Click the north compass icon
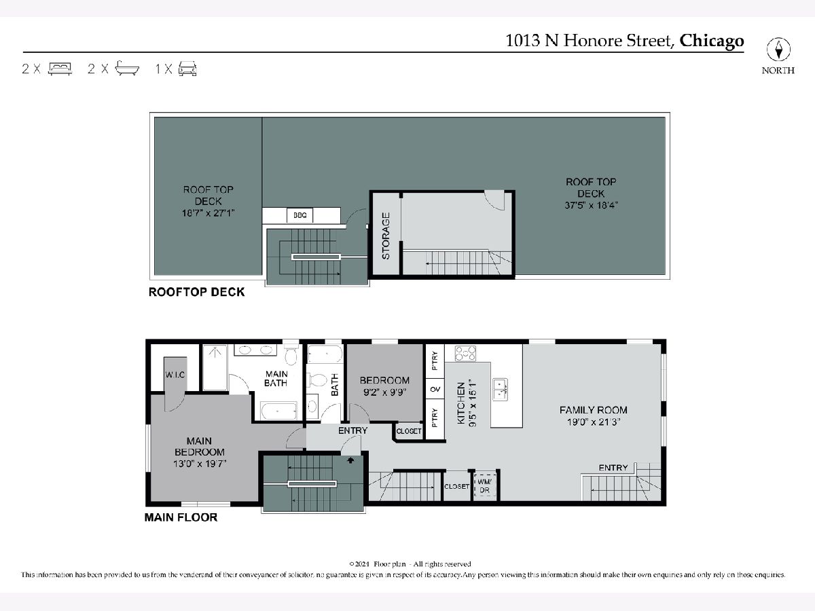pos(778,50)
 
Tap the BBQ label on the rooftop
pos(300,215)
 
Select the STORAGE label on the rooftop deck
pos(386,236)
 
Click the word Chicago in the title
pos(711,41)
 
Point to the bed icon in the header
pos(60,69)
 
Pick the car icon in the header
pos(187,69)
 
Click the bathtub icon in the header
pos(127,69)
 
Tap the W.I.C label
pos(175,375)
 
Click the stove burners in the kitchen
pos(466,354)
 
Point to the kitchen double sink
pos(501,390)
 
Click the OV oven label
pos(435,389)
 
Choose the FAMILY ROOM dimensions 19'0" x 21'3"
pos(594,422)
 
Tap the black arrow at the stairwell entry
pos(350,460)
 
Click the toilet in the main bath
pos(291,355)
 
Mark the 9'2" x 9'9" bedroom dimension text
pos(384,392)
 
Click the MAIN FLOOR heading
pos(181,517)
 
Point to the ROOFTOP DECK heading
pos(197,293)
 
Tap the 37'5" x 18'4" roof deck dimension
pos(591,205)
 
